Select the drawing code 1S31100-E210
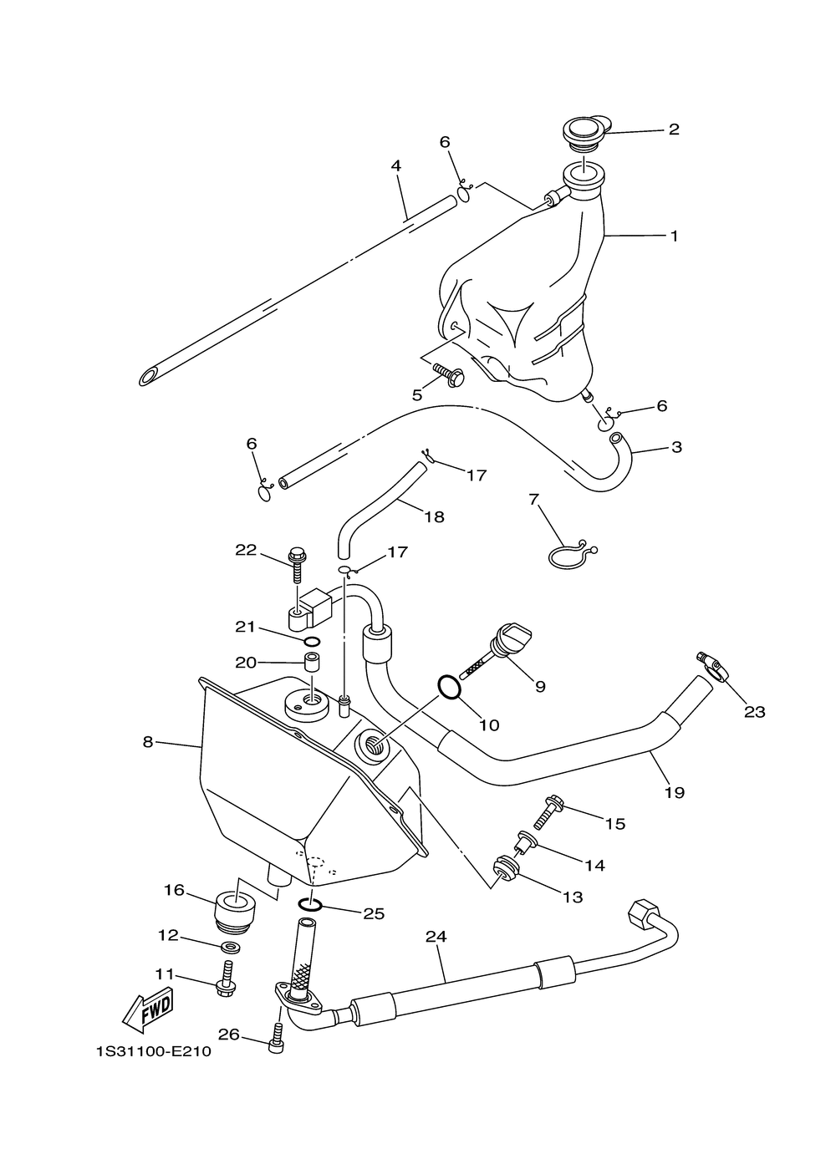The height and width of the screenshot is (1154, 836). click(x=153, y=1051)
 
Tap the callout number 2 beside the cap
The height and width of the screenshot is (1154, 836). click(x=673, y=130)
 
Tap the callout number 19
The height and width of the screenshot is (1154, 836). click(x=674, y=792)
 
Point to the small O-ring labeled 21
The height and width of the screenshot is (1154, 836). click(x=311, y=641)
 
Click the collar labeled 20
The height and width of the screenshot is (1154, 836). click(x=313, y=663)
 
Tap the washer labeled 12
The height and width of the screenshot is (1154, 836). click(x=227, y=947)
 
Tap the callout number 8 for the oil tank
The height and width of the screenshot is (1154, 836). click(x=148, y=741)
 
